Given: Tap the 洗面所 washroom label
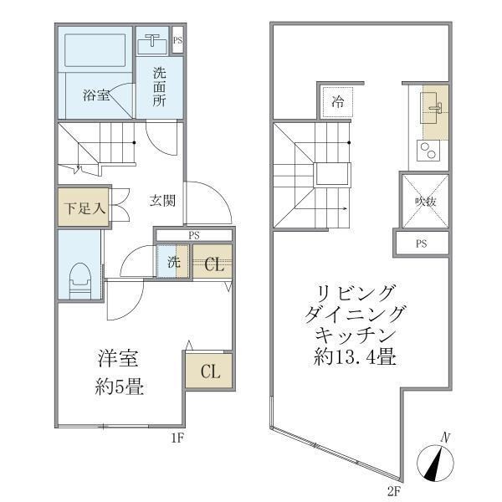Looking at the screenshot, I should pyautogui.click(x=159, y=86).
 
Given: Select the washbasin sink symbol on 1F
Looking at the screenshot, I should pyautogui.click(x=153, y=41).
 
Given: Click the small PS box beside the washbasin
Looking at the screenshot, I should pyautogui.click(x=177, y=39).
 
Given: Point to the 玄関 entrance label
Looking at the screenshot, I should pyautogui.click(x=162, y=201).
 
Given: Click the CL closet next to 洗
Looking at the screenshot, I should pyautogui.click(x=213, y=264).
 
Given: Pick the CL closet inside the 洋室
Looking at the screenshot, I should pyautogui.click(x=209, y=371).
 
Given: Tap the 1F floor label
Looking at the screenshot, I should pyautogui.click(x=177, y=436).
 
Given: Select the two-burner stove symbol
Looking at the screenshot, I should pyautogui.click(x=428, y=152).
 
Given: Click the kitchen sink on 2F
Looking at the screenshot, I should pyautogui.click(x=433, y=109).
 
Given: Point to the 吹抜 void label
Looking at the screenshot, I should pyautogui.click(x=424, y=202).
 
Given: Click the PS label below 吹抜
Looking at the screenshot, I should pyautogui.click(x=422, y=243).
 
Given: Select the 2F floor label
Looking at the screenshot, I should pyautogui.click(x=392, y=489).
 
